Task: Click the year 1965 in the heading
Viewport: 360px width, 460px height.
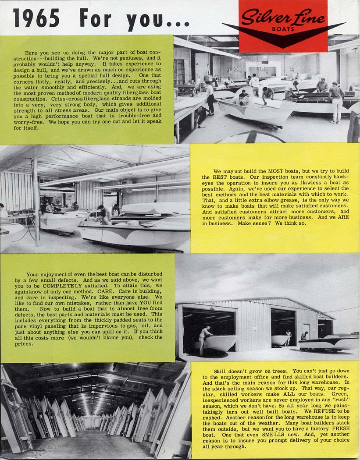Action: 36,18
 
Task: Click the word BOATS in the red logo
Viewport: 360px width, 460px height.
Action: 283,29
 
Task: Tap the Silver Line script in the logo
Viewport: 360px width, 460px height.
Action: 283,18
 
